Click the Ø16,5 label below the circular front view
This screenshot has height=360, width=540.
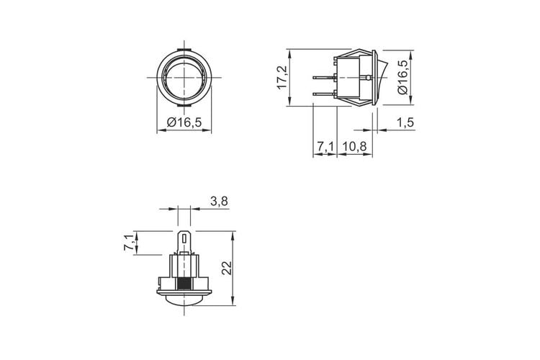184,122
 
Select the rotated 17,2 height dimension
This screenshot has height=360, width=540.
283,78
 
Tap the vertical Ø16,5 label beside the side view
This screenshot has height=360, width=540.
402,77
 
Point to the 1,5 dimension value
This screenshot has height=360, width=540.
405,122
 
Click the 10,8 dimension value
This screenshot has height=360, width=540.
354,146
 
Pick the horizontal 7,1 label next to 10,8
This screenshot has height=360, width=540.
325,146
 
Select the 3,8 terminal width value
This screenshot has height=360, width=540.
219,201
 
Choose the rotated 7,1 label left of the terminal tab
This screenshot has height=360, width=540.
129,243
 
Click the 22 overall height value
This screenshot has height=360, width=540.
226,268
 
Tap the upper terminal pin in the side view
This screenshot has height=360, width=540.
324,78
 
